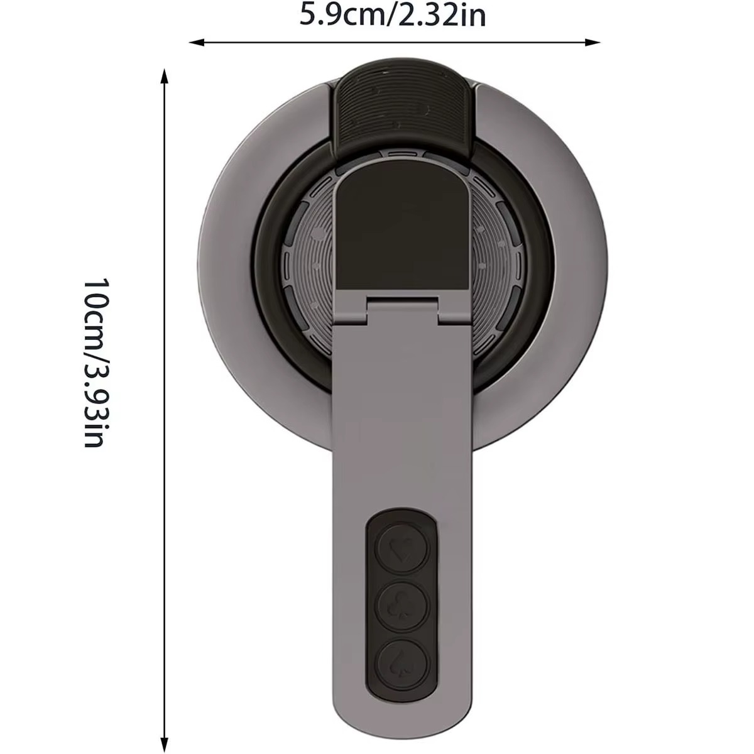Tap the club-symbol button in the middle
coord(402,605)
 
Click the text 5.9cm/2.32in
coord(393,15)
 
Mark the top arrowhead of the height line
coord(165,76)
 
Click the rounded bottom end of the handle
coord(402,723)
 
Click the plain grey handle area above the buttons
coord(402,427)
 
